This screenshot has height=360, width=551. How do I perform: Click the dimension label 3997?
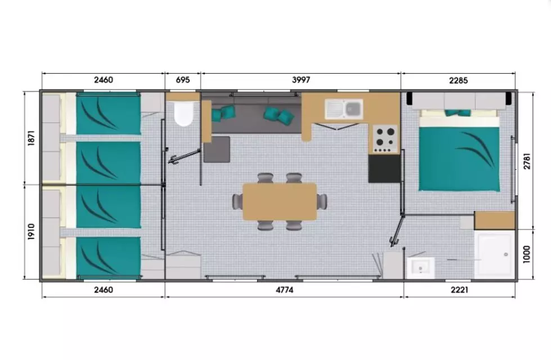pyautogui.click(x=301, y=80)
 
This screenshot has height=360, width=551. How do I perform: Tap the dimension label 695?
pyautogui.click(x=183, y=80)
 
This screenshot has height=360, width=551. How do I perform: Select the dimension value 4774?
pyautogui.click(x=284, y=290)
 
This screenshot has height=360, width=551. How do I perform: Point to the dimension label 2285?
pyautogui.click(x=458, y=80)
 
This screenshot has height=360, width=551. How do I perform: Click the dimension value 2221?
pyautogui.click(x=459, y=290)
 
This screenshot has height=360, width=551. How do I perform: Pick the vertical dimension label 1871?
pyautogui.click(x=32, y=138)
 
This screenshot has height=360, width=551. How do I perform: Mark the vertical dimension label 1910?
pyautogui.click(x=32, y=231)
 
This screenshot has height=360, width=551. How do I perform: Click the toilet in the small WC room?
pyautogui.click(x=183, y=114)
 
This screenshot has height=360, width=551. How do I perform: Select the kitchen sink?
pyautogui.click(x=344, y=108)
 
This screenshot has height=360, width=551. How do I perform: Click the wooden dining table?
pyautogui.click(x=280, y=202)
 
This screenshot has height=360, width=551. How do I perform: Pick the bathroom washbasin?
pyautogui.click(x=420, y=268)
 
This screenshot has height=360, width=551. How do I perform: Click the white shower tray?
pyautogui.click(x=494, y=255)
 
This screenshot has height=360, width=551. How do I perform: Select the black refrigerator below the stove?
pyautogui.click(x=384, y=169)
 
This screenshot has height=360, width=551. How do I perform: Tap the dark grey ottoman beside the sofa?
pyautogui.click(x=217, y=149)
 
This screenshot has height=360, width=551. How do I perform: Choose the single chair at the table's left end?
pyautogui.click(x=237, y=201)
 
